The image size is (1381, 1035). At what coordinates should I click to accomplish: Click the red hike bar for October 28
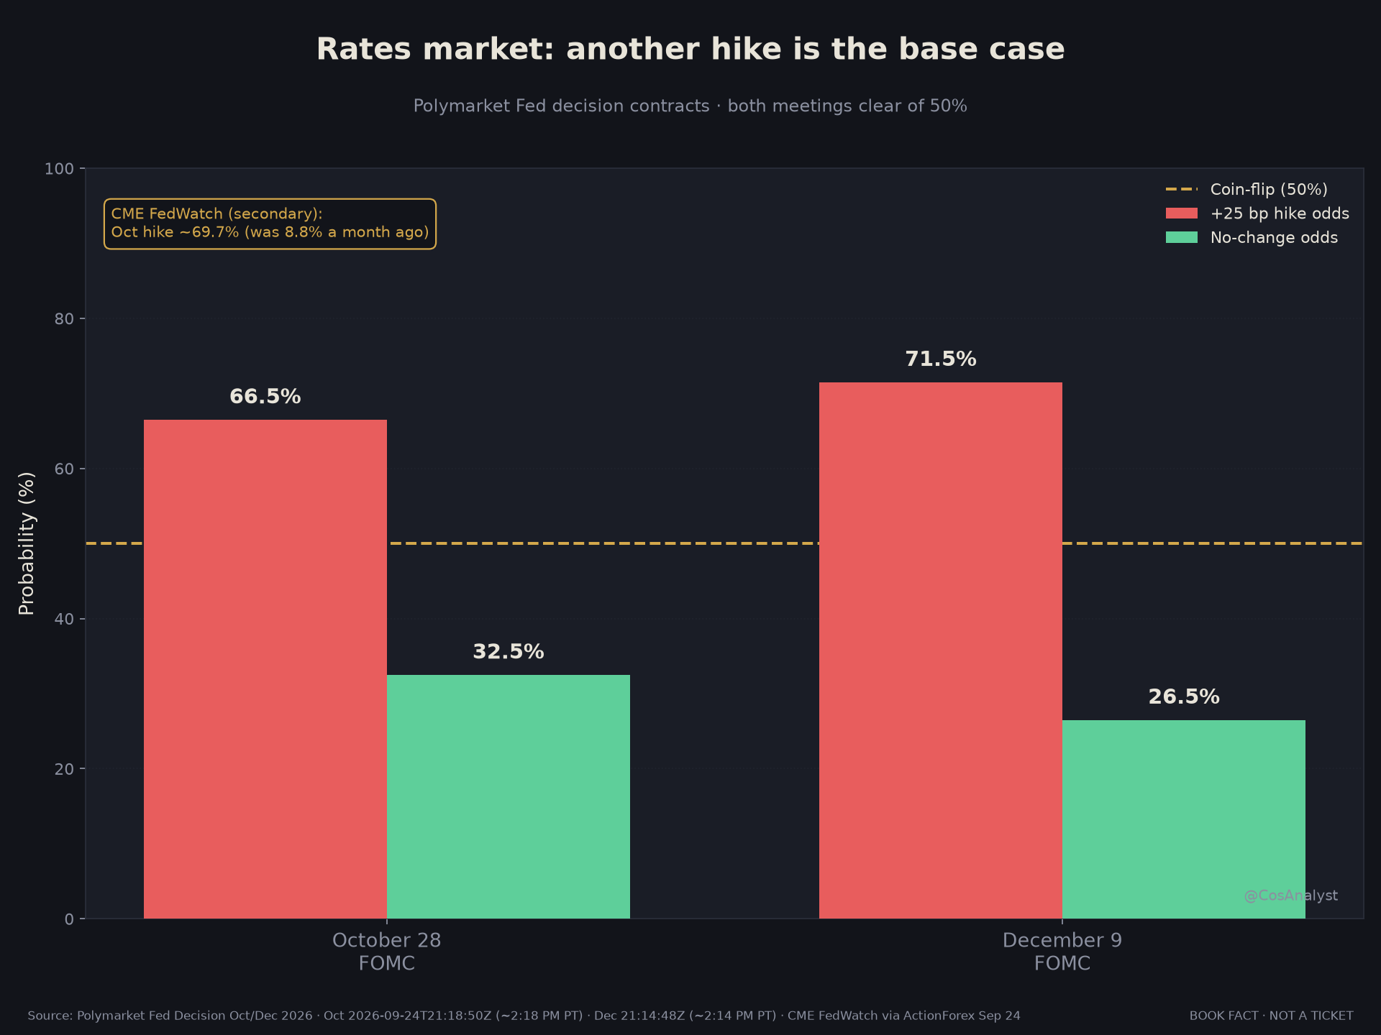point(265,669)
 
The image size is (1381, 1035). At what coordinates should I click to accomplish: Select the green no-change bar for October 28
point(509,796)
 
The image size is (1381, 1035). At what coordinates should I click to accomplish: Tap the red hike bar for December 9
point(941,650)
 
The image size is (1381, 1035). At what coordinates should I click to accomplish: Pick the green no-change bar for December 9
point(1184,819)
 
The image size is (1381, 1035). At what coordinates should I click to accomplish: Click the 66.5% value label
point(265,397)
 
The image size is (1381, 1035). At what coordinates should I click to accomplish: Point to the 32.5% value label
point(509,652)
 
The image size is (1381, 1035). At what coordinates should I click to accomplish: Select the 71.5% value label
point(941,359)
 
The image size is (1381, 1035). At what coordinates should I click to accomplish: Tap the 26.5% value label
point(1184,697)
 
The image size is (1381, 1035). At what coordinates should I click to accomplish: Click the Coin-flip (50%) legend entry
point(1246,190)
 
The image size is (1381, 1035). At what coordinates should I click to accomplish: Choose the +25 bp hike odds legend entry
point(1257,213)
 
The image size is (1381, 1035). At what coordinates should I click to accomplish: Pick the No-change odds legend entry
point(1252,238)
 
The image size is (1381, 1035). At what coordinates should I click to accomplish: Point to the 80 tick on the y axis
point(65,318)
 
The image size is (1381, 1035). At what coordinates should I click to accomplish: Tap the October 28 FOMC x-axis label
point(387,952)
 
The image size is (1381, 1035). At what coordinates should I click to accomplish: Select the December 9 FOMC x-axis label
point(1062,952)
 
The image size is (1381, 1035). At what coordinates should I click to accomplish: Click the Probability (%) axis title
point(27,543)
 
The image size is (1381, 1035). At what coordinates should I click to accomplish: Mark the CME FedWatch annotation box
point(270,224)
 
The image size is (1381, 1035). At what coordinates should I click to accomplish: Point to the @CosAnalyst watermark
point(1291,896)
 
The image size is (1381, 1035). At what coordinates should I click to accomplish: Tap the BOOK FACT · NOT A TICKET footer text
point(1271,1016)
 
